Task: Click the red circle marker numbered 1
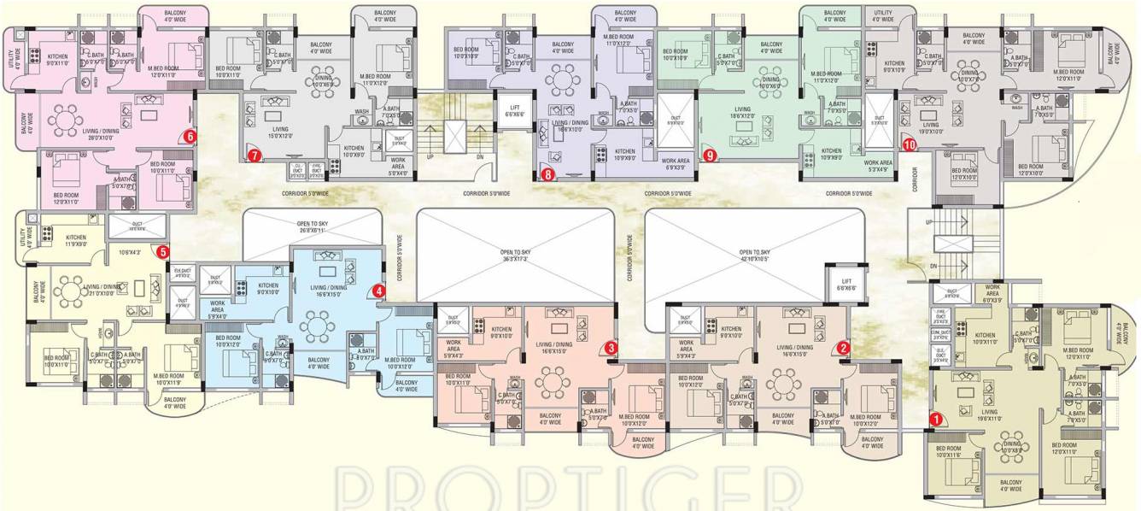click(x=935, y=419)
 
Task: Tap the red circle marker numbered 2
click(x=843, y=347)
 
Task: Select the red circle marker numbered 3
click(x=611, y=347)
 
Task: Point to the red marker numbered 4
click(x=379, y=291)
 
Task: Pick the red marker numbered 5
click(x=163, y=251)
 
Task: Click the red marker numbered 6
click(x=190, y=135)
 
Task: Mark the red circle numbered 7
click(x=255, y=156)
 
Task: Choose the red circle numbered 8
click(x=547, y=174)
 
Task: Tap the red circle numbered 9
click(x=709, y=155)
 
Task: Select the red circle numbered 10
click(x=910, y=144)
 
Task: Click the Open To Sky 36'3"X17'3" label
click(x=515, y=255)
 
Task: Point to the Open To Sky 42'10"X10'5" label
click(x=755, y=255)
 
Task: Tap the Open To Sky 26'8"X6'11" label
click(x=312, y=228)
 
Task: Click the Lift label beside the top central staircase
click(x=514, y=110)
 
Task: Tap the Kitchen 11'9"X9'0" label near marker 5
click(x=76, y=241)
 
